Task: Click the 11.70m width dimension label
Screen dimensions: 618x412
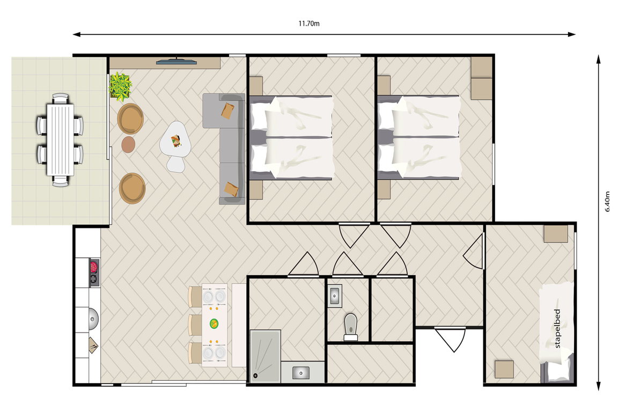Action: coord(309,24)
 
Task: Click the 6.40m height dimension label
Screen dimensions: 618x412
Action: coord(607,202)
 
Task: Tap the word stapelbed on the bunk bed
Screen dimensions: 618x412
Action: coord(557,328)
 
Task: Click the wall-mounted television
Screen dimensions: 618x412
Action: coord(176,61)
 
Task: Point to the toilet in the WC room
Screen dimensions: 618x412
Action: coord(350,327)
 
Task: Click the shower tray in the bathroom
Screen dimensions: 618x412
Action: coord(265,356)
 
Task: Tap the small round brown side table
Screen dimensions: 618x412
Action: coord(129,145)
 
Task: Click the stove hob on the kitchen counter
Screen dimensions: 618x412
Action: coord(94,273)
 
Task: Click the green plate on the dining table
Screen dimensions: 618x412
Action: coord(214,323)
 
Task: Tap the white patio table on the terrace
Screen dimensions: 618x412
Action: coord(60,139)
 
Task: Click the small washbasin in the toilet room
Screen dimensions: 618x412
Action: coord(335,296)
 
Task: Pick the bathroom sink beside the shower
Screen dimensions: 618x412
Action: coord(301,372)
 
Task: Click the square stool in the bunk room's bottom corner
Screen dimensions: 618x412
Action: coord(504,369)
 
